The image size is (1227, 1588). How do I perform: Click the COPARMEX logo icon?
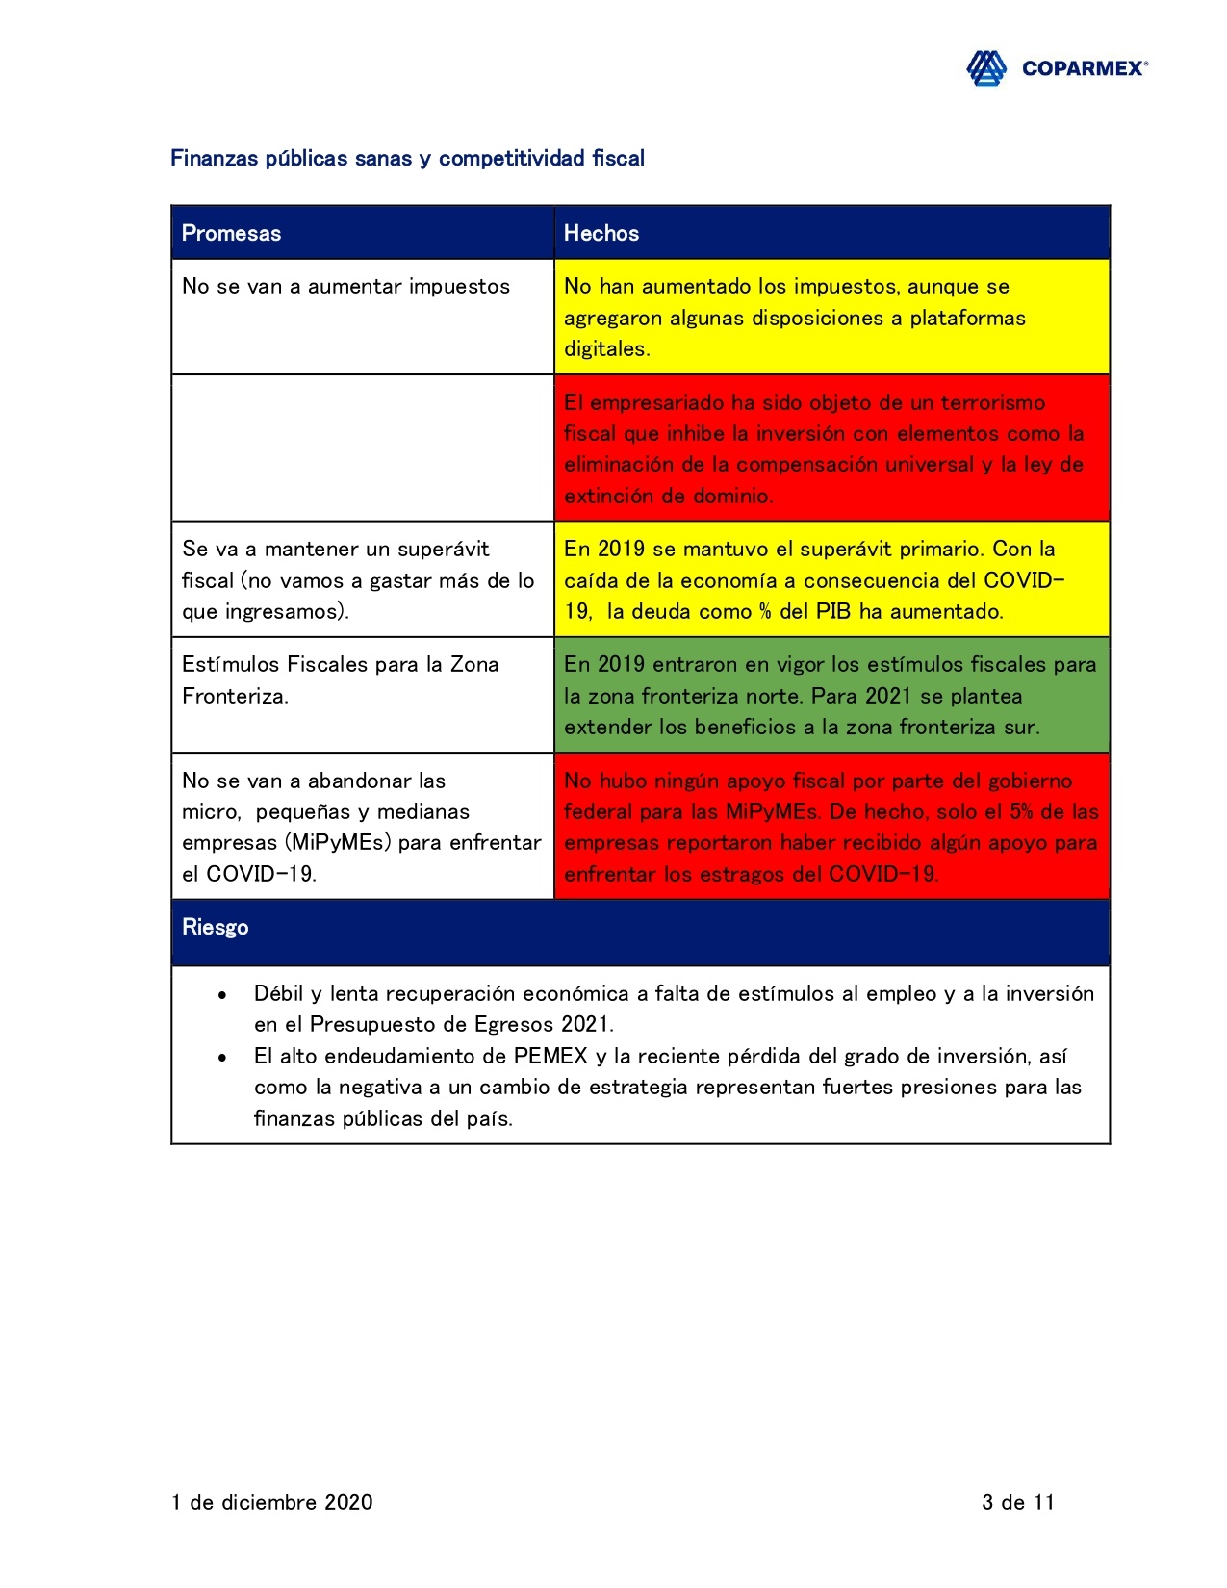pos(986,68)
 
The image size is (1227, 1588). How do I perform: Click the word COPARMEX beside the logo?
pos(1084,68)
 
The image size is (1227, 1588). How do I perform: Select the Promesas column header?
pos(231,233)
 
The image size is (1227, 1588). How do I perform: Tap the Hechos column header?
pos(601,233)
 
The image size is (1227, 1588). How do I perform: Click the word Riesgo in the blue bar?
pos(216,927)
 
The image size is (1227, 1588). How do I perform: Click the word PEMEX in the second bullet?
pos(550,1056)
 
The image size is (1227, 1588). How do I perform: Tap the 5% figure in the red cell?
pos(1021,811)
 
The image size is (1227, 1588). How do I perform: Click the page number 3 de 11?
pos(1018,1502)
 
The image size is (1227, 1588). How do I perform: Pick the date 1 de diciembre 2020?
pos(272,1502)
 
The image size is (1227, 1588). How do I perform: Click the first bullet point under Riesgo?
pos(222,994)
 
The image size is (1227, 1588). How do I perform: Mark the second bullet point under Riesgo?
pos(222,1057)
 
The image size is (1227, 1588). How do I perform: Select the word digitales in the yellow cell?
pos(606,349)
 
